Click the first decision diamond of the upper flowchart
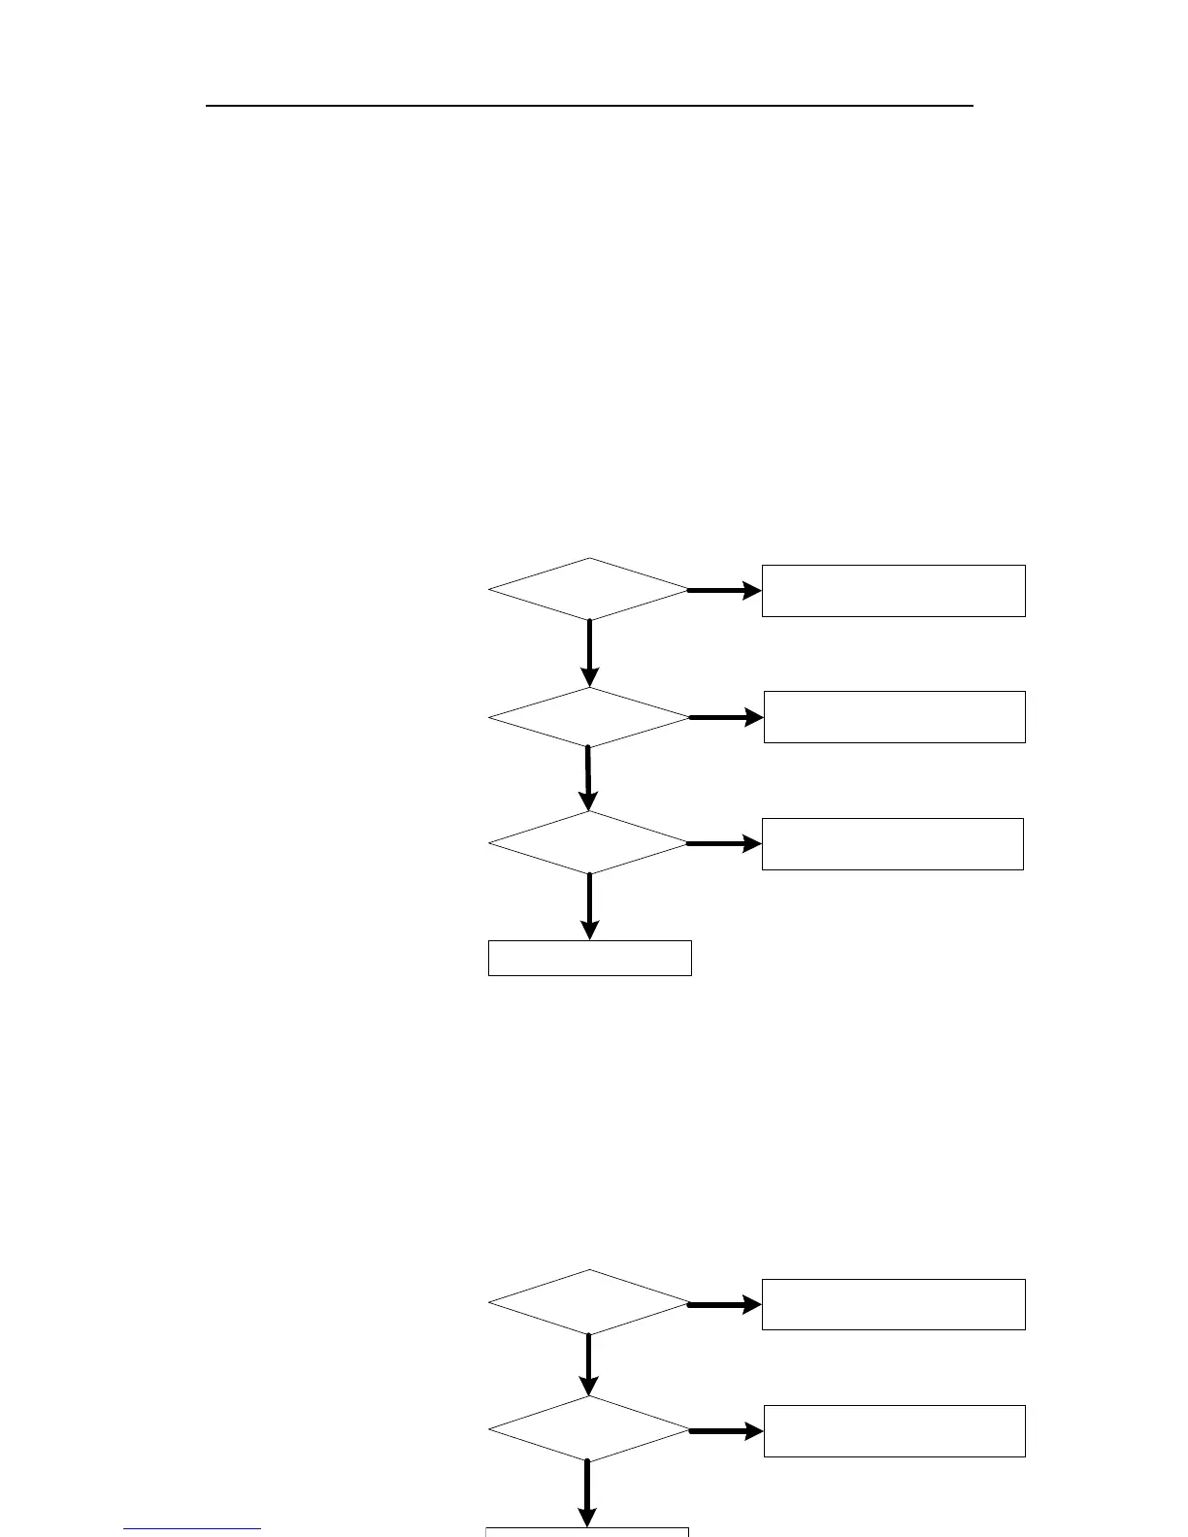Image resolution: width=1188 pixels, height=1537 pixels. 589,589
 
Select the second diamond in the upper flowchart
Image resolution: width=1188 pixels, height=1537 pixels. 589,718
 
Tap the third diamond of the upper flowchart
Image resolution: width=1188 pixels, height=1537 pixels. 589,842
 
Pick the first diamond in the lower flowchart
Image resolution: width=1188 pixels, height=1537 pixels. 589,1302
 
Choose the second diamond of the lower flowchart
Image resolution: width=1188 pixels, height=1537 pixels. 589,1429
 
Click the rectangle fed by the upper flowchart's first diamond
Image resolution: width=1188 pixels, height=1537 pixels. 893,591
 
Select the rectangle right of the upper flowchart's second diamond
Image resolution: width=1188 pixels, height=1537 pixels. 894,717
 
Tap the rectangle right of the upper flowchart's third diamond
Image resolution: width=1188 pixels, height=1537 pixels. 892,844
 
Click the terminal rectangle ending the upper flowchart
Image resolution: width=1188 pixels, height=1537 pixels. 589,958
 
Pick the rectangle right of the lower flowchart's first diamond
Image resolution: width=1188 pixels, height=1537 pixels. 893,1304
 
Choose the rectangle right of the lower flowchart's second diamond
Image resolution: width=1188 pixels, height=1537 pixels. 894,1431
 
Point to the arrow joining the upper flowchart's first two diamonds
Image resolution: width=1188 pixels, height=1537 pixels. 589,653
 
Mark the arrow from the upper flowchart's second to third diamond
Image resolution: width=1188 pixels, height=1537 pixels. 588,779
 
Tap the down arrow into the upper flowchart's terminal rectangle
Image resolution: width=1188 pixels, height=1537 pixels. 589,906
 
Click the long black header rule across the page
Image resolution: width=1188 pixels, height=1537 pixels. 589,105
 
